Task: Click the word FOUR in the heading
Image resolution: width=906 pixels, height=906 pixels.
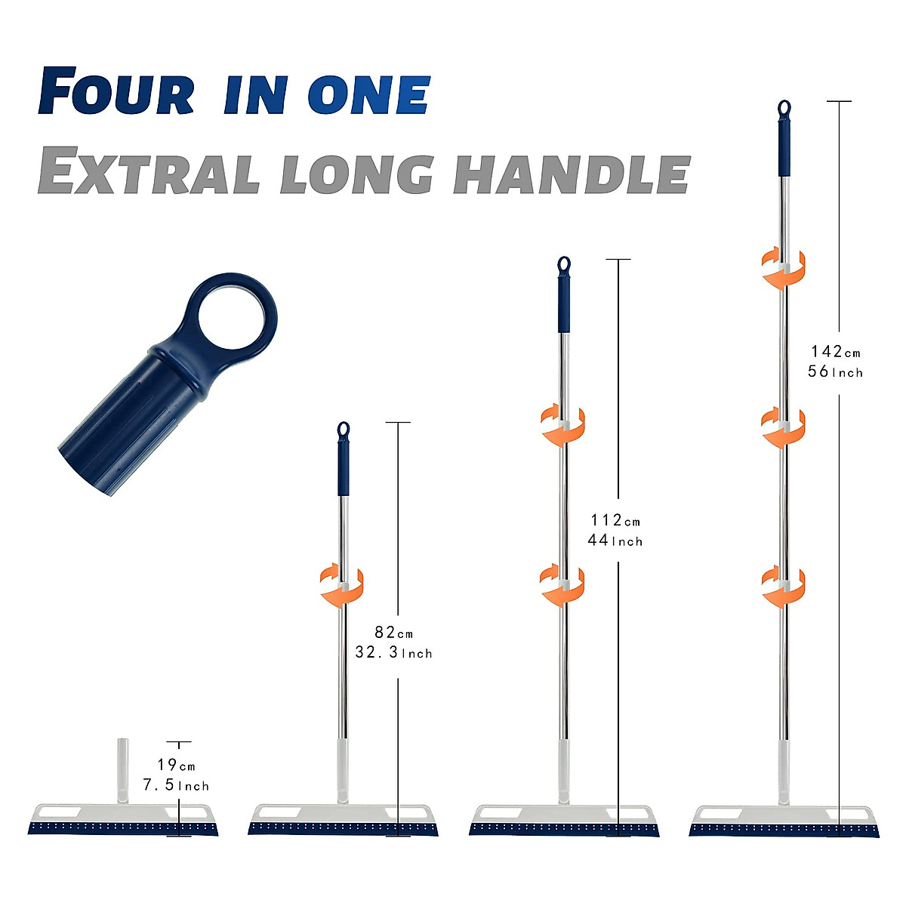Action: [x=116, y=92]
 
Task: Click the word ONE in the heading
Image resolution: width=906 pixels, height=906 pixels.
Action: [x=368, y=95]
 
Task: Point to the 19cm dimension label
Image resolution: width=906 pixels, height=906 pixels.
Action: [x=176, y=766]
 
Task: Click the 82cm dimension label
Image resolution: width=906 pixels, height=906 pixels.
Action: [x=393, y=633]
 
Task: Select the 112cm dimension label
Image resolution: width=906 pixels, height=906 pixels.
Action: [x=615, y=520]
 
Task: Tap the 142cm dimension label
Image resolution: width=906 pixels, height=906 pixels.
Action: [x=835, y=351]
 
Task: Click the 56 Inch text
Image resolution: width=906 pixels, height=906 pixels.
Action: [x=835, y=371]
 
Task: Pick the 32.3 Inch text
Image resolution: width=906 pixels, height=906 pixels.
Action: [x=393, y=652]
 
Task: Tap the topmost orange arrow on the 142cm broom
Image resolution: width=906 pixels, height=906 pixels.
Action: [x=783, y=268]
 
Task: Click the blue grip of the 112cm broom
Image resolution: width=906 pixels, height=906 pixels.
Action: [x=563, y=303]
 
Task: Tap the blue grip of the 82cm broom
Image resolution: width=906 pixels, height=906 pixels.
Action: [x=344, y=468]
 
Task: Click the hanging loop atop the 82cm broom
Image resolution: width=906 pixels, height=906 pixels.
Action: [x=344, y=429]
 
